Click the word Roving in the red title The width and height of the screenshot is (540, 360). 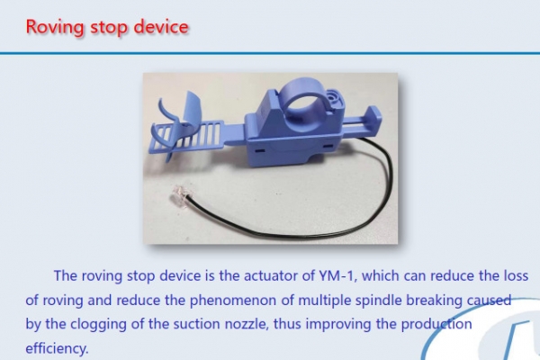(x=55, y=27)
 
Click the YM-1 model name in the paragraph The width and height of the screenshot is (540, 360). (x=334, y=276)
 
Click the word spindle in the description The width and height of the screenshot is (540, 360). (x=378, y=301)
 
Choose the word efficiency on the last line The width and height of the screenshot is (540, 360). (x=58, y=348)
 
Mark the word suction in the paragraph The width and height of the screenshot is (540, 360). (x=196, y=325)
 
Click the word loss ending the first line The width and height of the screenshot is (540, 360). (x=516, y=276)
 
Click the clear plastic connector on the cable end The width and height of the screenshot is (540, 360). (x=179, y=193)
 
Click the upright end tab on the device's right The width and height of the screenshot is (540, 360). (x=374, y=118)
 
